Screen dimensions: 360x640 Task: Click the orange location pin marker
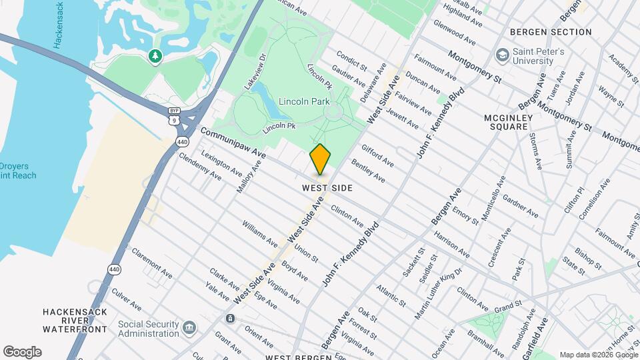pyautogui.click(x=320, y=159)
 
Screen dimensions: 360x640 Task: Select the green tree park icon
pyautogui.click(x=155, y=57)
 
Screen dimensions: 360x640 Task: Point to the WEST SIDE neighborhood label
pyautogui.click(x=327, y=189)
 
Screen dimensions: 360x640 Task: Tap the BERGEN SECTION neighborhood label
pyautogui.click(x=551, y=32)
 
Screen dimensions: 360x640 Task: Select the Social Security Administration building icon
pyautogui.click(x=189, y=327)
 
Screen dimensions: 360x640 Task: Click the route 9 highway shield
pyautogui.click(x=174, y=119)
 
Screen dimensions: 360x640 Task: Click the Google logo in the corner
pyautogui.click(x=22, y=352)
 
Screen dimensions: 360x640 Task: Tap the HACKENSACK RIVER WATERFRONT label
pyautogui.click(x=75, y=320)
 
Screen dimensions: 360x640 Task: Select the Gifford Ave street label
pyautogui.click(x=377, y=156)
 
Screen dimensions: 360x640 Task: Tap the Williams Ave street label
pyautogui.click(x=259, y=234)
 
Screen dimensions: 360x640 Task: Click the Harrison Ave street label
pyautogui.click(x=451, y=245)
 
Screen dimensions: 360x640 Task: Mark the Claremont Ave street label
pyautogui.click(x=152, y=263)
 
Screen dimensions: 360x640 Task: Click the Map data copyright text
pyautogui.click(x=598, y=355)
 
